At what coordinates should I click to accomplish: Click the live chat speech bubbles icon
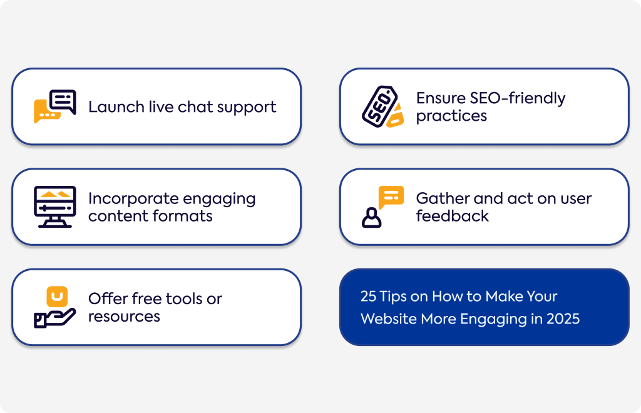point(55,106)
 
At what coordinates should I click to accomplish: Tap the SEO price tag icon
point(382,106)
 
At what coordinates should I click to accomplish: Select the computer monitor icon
point(55,206)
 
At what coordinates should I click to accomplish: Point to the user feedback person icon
point(382,206)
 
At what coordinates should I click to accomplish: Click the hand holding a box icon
point(55,307)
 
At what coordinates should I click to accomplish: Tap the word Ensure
point(441,98)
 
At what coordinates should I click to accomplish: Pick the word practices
point(451,116)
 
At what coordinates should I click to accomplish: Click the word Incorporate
point(133,199)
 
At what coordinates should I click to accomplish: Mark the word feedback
point(452,216)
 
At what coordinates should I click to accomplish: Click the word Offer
point(108,298)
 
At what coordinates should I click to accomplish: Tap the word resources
point(125,317)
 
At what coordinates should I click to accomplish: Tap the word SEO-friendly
point(517,98)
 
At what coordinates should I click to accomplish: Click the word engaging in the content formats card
point(219,200)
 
